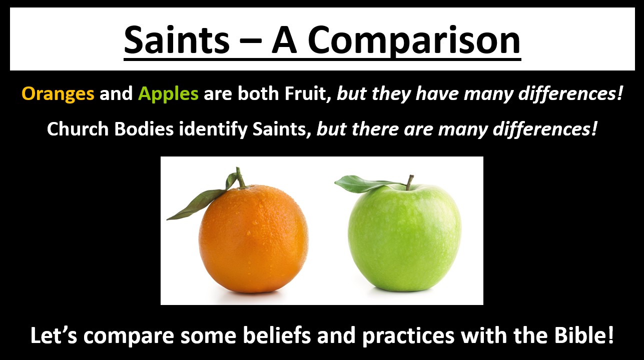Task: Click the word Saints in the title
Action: (x=177, y=40)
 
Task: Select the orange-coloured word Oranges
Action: (x=58, y=93)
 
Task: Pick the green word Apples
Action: (x=168, y=93)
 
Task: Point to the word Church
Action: (x=78, y=129)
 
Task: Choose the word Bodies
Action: (x=144, y=129)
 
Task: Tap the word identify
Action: (x=213, y=130)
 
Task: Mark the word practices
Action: (x=408, y=336)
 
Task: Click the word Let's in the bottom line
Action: (x=54, y=335)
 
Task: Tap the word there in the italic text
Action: (x=375, y=129)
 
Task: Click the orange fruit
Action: (x=253, y=239)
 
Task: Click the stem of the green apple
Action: (x=410, y=182)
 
